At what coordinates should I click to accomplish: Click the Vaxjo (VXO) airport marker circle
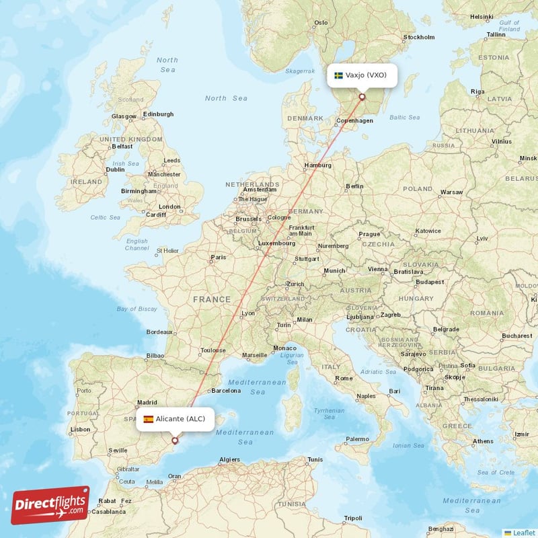(362, 97)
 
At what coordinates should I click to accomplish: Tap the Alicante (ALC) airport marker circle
(175, 441)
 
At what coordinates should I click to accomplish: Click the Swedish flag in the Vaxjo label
(339, 75)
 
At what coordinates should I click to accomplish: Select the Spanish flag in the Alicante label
(148, 419)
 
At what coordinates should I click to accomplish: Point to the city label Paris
(218, 257)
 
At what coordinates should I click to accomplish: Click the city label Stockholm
(418, 38)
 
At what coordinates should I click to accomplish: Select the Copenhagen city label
(355, 121)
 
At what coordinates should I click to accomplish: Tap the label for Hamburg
(319, 165)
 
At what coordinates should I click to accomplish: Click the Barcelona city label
(226, 390)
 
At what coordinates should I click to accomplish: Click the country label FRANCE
(212, 299)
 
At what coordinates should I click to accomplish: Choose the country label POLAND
(418, 189)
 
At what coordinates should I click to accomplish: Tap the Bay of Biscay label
(137, 309)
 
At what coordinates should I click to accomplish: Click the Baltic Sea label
(405, 117)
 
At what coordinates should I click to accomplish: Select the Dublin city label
(115, 170)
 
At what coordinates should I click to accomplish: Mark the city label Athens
(482, 442)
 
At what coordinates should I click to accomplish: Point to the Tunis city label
(315, 460)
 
